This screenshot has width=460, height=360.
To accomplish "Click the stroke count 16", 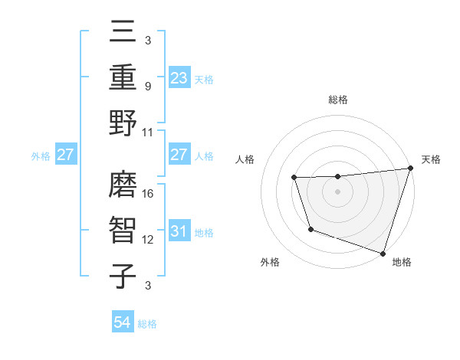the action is [x=149, y=193].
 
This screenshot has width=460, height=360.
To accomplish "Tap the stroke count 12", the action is [x=149, y=240].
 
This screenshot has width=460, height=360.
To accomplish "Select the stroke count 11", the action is [x=149, y=132].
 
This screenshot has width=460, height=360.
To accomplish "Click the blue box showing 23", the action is [x=179, y=78].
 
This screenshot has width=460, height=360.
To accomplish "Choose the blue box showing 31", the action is [x=179, y=231].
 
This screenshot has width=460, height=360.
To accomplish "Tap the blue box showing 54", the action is [x=123, y=323].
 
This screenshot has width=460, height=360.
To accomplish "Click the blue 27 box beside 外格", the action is [x=65, y=155].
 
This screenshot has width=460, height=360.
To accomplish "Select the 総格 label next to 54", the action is [x=147, y=324].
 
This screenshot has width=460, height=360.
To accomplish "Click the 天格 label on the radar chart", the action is [x=431, y=159].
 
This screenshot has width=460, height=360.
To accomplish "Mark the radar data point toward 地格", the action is [x=383, y=253].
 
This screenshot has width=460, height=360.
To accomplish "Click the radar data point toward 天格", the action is [x=410, y=169].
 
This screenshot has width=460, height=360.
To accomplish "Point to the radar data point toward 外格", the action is [x=310, y=229].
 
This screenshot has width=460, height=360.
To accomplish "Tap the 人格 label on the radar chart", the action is [x=245, y=159].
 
